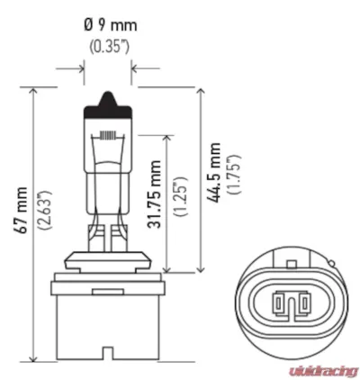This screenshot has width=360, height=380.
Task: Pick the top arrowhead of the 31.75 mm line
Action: (167, 135)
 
